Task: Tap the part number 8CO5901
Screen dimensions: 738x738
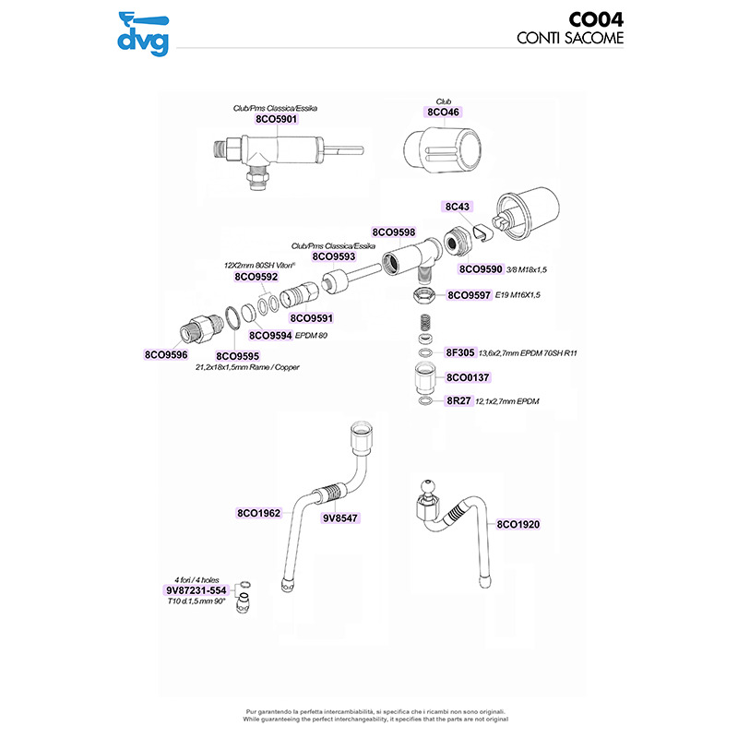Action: tap(277, 119)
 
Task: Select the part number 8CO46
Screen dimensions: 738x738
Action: tap(443, 112)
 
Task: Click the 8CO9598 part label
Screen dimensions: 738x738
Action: tap(394, 232)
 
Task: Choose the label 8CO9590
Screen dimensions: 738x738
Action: tap(482, 269)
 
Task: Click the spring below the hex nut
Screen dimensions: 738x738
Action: tap(424, 325)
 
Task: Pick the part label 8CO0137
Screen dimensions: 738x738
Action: tap(467, 377)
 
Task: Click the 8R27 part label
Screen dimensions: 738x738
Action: tap(458, 402)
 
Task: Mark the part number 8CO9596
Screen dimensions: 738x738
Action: tap(166, 353)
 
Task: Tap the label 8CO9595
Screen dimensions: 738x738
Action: tap(238, 355)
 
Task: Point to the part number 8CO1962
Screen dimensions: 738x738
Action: tap(258, 512)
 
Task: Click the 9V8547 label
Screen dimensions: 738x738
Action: tap(339, 519)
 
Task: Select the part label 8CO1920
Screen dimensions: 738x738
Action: tap(518, 524)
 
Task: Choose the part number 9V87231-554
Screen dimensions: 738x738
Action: tap(196, 589)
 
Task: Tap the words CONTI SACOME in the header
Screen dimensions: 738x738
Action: tap(570, 39)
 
